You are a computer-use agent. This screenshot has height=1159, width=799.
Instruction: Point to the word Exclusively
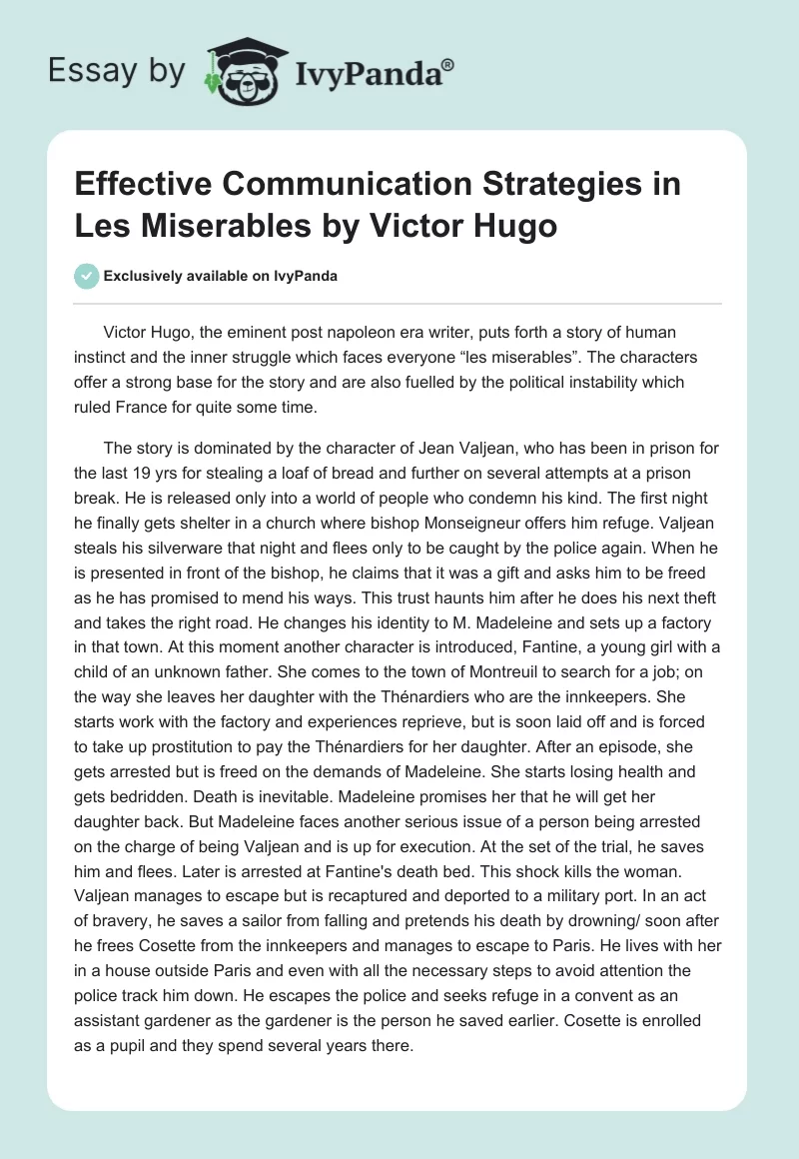click(x=146, y=277)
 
